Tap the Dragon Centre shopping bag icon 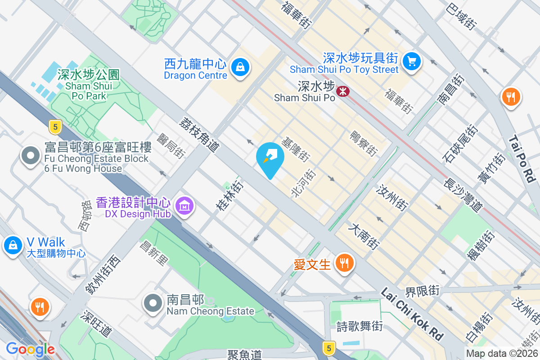(x=240, y=68)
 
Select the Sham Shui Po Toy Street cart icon (x=411, y=61)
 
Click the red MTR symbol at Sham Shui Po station (x=343, y=91)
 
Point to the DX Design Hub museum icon (x=184, y=206)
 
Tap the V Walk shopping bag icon (x=13, y=246)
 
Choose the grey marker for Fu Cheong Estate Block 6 (x=31, y=156)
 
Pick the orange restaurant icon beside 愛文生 (x=345, y=263)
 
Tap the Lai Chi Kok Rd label (x=412, y=314)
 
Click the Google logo (x=31, y=349)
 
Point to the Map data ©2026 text (x=501, y=354)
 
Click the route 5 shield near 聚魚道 (x=329, y=348)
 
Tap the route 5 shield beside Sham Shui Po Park (x=55, y=127)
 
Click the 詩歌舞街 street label (x=360, y=326)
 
